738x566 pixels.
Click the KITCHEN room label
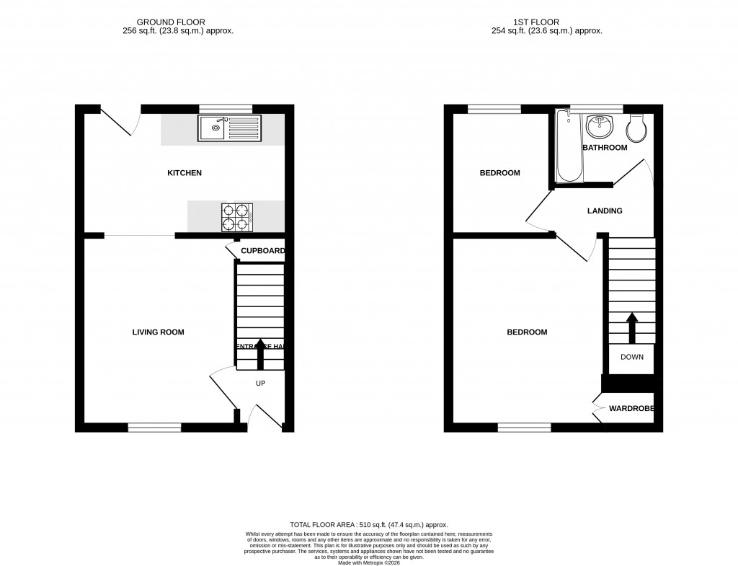coord(184,173)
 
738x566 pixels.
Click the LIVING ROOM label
coord(158,332)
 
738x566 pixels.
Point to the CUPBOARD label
coord(262,251)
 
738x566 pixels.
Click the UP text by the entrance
coord(260,383)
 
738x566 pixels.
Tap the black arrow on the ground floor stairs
coord(260,353)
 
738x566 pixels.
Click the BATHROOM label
coord(605,148)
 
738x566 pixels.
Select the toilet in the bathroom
coord(636,128)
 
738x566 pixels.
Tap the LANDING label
coord(605,211)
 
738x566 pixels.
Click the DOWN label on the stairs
coord(631,357)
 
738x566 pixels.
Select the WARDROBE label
coord(631,409)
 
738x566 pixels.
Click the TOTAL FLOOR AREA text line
coord(368,525)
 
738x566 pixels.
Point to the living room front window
coord(154,428)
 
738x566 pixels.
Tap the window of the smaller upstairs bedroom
coord(494,110)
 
